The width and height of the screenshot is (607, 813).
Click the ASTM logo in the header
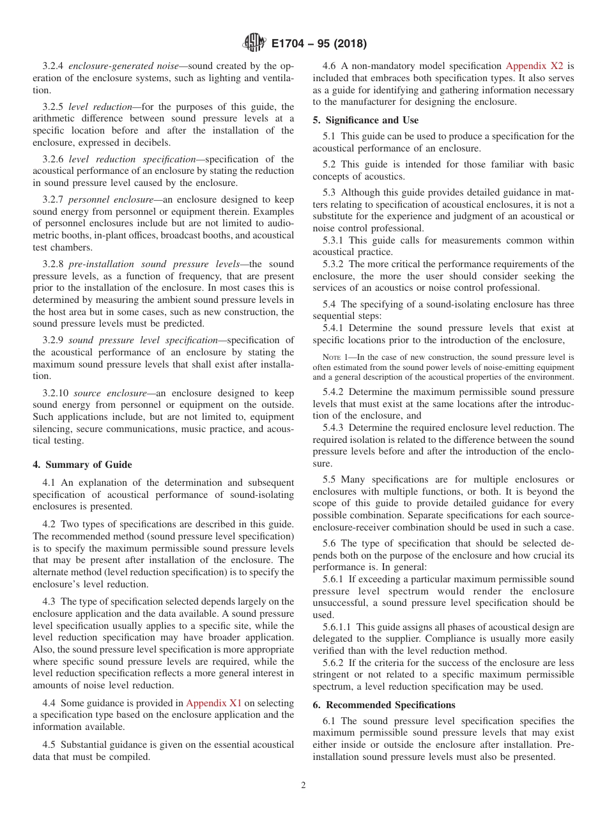pyautogui.click(x=255, y=43)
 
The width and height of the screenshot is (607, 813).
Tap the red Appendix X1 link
pyautogui.click(x=213, y=703)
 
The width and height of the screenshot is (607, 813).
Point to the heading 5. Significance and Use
pyautogui.click(x=365, y=120)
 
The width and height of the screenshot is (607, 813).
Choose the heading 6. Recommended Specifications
pyautogui.click(x=383, y=705)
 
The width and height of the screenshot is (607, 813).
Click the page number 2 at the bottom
pyautogui.click(x=303, y=786)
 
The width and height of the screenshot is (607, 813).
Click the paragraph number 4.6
pyautogui.click(x=330, y=65)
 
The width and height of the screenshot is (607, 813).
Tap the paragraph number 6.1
pyautogui.click(x=330, y=720)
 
